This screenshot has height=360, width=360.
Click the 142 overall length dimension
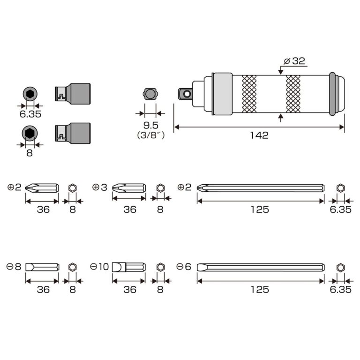click(x=259, y=135)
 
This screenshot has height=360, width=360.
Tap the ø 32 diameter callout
click(x=294, y=61)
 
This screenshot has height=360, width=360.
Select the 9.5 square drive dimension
click(x=151, y=125)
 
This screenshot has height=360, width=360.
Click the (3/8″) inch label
click(x=151, y=135)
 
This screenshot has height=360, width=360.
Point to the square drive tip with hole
click(x=185, y=94)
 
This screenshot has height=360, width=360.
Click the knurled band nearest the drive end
click(x=249, y=94)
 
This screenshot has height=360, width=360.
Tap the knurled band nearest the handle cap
click(x=293, y=94)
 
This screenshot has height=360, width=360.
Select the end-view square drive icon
click(x=150, y=94)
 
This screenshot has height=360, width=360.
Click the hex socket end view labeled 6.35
click(x=30, y=94)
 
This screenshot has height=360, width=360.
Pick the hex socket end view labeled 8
click(x=30, y=133)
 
